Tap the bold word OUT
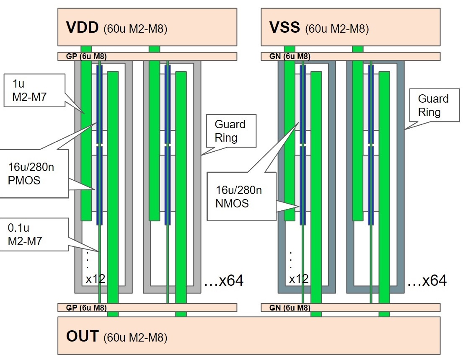[83, 337]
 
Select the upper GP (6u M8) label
[86, 57]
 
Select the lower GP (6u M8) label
[86, 308]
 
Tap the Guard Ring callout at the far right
[433, 105]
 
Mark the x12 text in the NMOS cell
[298, 279]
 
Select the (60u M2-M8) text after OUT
[135, 338]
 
